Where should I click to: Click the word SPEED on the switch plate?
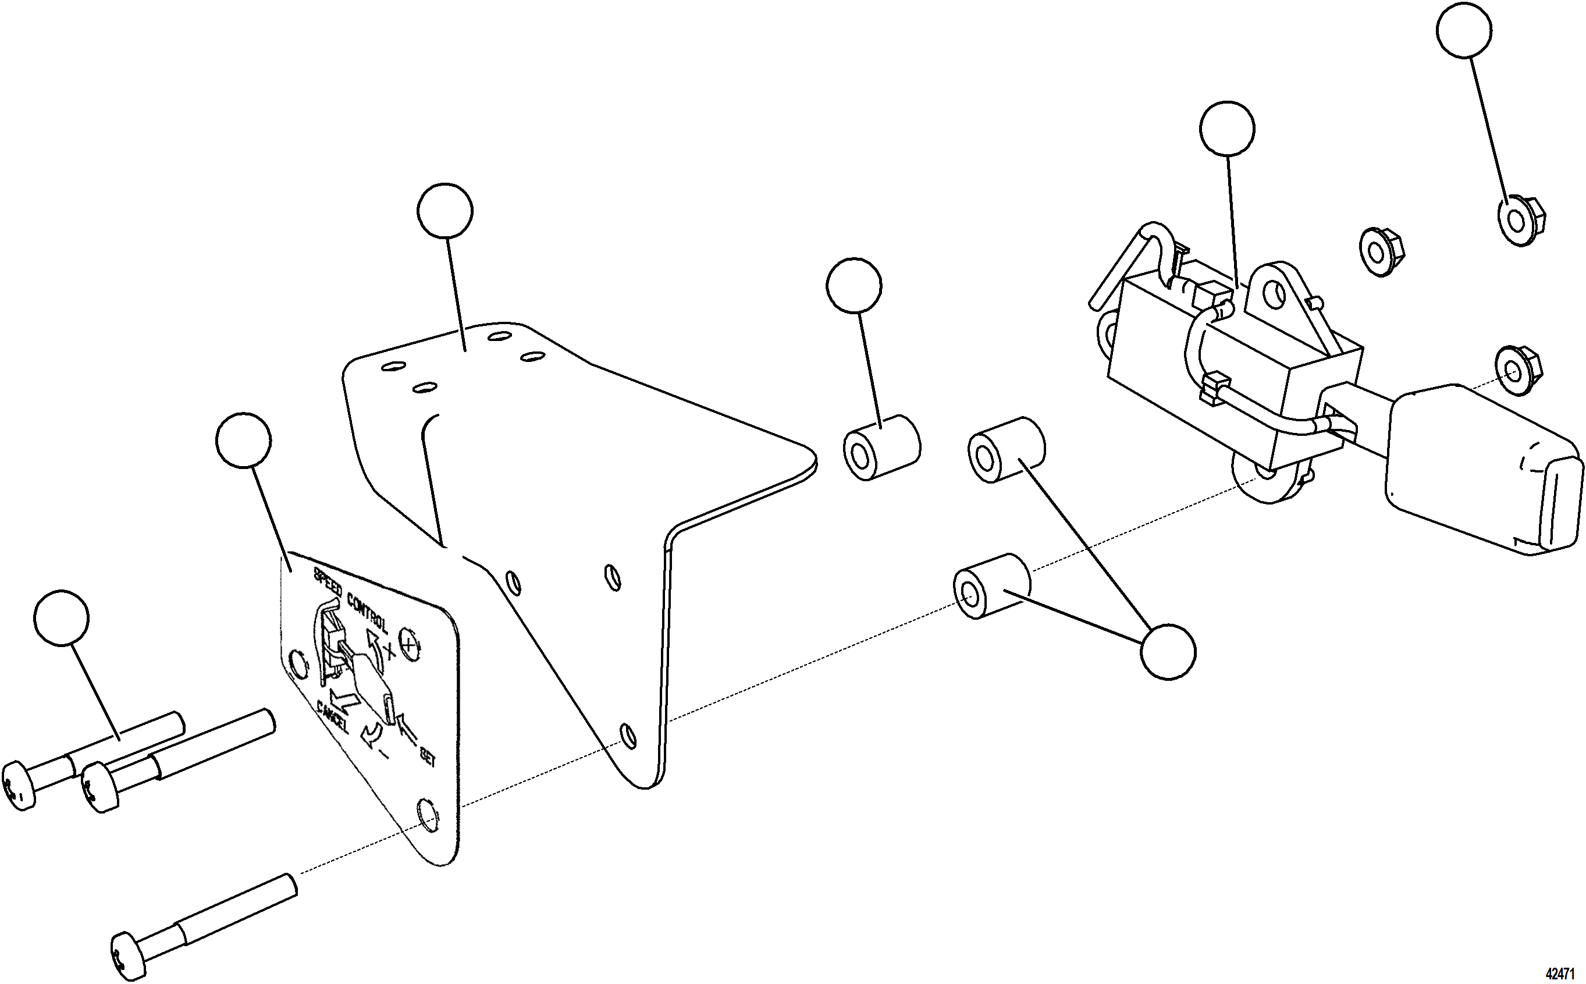tap(328, 584)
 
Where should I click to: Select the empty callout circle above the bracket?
tap(445, 211)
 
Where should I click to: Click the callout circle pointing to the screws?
tap(62, 617)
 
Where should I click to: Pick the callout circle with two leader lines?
tap(1168, 652)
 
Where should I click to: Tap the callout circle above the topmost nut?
tap(1464, 30)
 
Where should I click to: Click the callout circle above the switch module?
tap(1227, 129)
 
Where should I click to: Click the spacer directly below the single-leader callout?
tap(881, 447)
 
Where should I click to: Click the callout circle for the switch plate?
tap(243, 440)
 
